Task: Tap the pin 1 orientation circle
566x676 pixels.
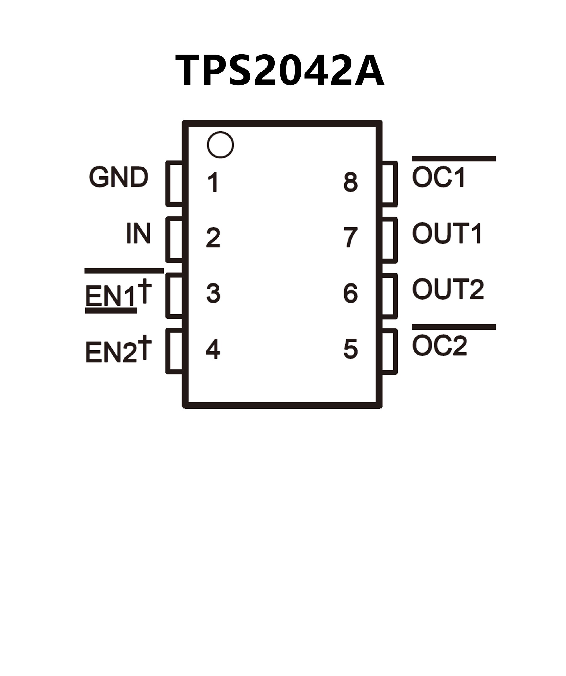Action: tap(220, 145)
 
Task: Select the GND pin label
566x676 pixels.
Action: tap(119, 177)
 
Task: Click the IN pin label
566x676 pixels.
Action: tap(138, 233)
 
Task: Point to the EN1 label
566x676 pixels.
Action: tap(110, 296)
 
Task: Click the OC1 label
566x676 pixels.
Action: tap(439, 177)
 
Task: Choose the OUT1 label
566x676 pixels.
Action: tap(447, 233)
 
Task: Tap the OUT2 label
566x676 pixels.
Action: tap(448, 289)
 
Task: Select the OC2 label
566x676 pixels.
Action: tap(439, 346)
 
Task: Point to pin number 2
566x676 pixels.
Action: tap(213, 238)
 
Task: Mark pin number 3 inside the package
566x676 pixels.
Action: tap(213, 293)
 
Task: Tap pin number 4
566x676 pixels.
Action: tap(213, 349)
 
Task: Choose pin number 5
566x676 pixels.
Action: tap(351, 349)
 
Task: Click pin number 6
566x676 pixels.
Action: tap(351, 293)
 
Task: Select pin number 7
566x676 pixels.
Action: tap(351, 238)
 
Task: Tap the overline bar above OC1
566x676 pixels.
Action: tap(454, 158)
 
